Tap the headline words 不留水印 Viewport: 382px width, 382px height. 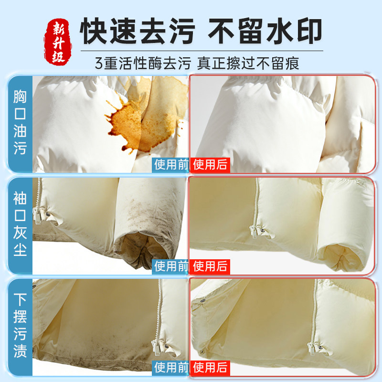click(266, 31)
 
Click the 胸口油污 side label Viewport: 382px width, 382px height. click(20, 122)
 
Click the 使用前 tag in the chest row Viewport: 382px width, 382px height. click(171, 165)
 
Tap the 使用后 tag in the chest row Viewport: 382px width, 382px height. click(210, 165)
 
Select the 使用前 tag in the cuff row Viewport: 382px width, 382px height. click(171, 266)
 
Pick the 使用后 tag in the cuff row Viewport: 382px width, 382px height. click(210, 266)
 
